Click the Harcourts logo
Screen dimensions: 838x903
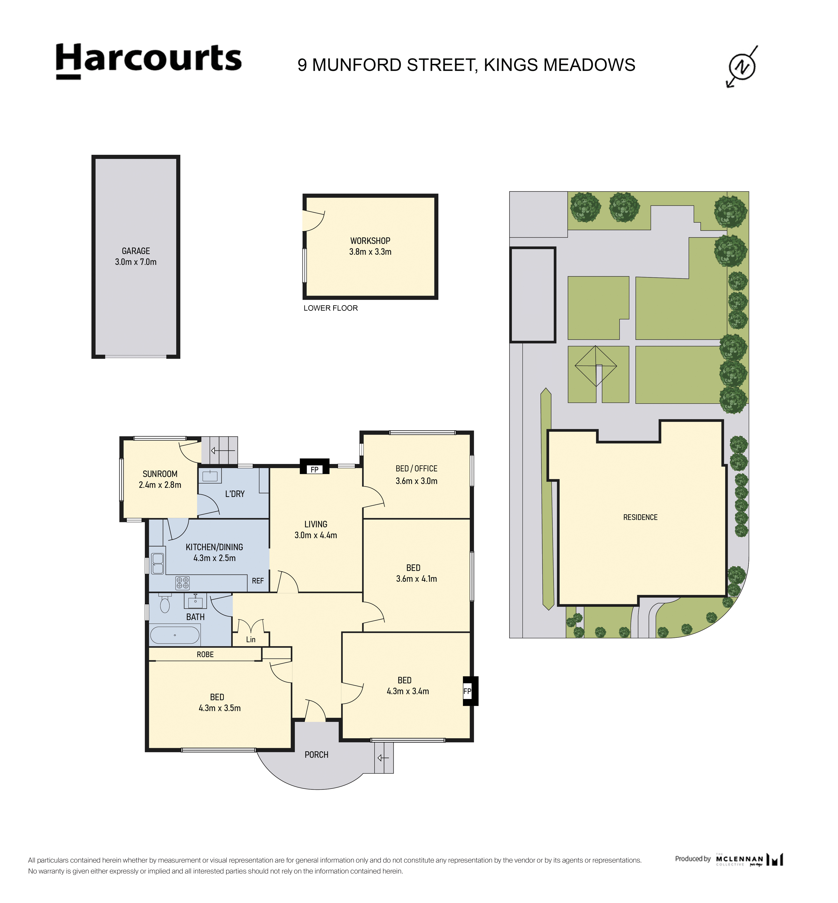click(x=149, y=61)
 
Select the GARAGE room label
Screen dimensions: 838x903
click(x=136, y=251)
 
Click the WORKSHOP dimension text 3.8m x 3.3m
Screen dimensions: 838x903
click(x=370, y=252)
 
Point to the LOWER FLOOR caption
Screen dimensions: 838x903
click(x=331, y=308)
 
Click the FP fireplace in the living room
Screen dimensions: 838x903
click(x=315, y=467)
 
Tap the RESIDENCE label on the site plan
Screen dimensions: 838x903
click(x=640, y=517)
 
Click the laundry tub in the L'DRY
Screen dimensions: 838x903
click(x=210, y=476)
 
